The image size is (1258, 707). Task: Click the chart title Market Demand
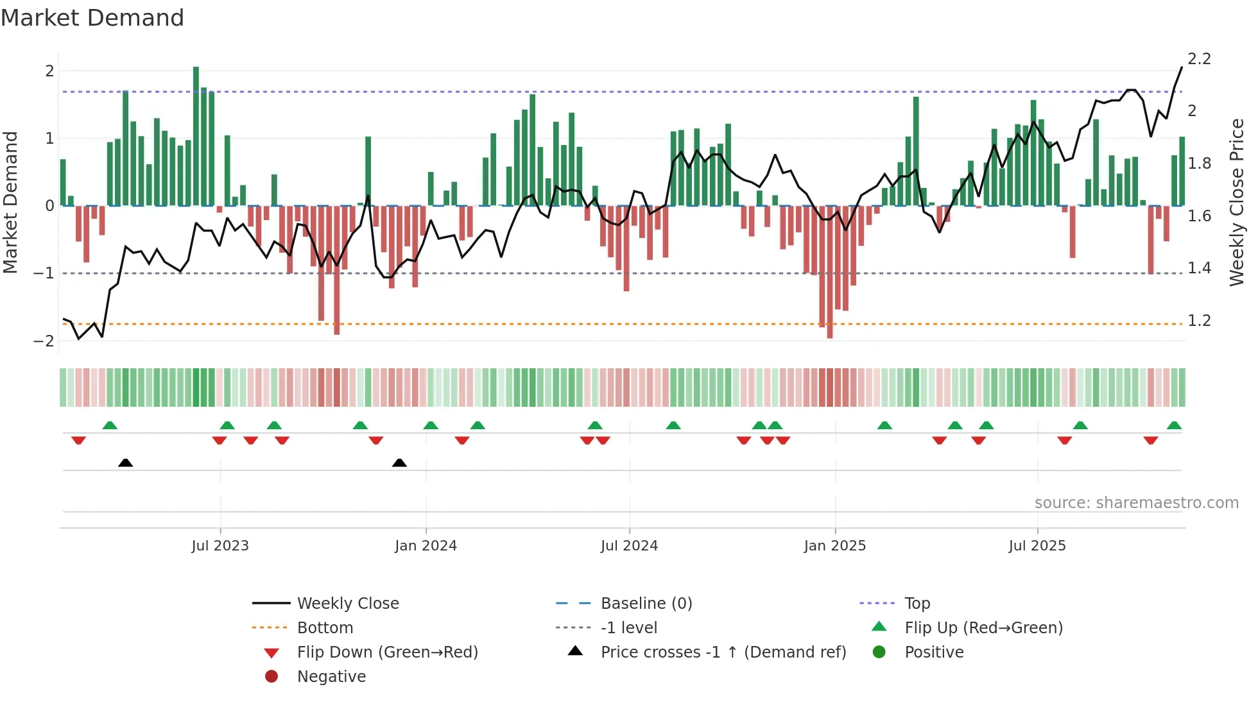92,18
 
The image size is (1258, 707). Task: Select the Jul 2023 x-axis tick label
220,546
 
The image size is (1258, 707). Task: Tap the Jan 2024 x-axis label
426,546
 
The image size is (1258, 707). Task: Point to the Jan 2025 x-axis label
834,546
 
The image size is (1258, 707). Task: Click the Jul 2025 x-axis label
1037,546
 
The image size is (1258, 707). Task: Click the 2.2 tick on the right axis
1199,59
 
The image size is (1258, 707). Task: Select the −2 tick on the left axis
44,341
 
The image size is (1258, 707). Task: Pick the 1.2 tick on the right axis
1199,320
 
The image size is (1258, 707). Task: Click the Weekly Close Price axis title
1236,202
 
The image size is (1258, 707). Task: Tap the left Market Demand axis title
10,202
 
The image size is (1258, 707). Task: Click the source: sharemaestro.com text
1136,503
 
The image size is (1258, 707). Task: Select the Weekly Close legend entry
348,604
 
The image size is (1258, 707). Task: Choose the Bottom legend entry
325,628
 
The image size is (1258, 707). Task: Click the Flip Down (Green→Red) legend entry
387,652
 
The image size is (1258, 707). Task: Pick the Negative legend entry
331,677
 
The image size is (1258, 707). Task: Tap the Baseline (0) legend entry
646,604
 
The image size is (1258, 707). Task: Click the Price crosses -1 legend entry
723,652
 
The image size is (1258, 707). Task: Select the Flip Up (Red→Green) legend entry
983,628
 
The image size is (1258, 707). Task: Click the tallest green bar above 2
196,135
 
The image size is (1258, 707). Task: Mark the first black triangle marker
126,463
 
